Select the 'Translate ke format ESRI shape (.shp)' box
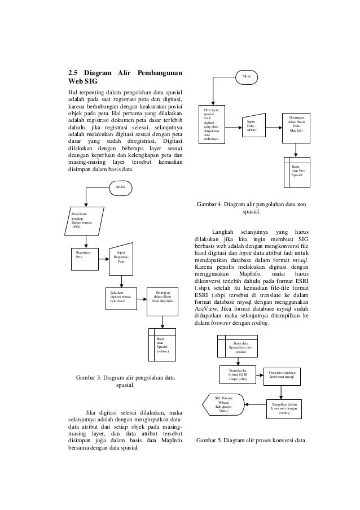[x=238, y=375]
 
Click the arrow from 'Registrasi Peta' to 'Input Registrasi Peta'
[x=103, y=260]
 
